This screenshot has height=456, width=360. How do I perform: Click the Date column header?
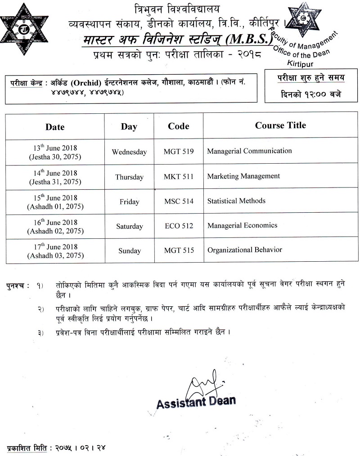coord(55,127)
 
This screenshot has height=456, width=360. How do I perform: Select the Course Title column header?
coord(280,125)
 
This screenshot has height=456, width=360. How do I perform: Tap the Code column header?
coord(178,126)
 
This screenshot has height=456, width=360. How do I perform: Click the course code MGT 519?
coord(178,152)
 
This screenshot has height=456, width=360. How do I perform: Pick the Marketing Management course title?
coord(243,176)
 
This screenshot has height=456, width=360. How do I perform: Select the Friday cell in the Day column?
coord(129,202)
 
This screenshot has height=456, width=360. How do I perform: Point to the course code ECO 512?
coord(178,226)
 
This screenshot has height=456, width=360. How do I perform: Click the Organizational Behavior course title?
coord(244,250)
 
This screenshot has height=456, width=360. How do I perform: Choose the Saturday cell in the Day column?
coord(129,227)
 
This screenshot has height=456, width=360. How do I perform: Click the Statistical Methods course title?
coord(236,201)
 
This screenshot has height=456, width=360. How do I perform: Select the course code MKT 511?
coord(178,177)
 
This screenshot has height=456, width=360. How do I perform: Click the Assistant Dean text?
coord(196,402)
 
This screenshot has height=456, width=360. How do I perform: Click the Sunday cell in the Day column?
coord(129,251)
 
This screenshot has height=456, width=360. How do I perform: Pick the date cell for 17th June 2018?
coord(55,251)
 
